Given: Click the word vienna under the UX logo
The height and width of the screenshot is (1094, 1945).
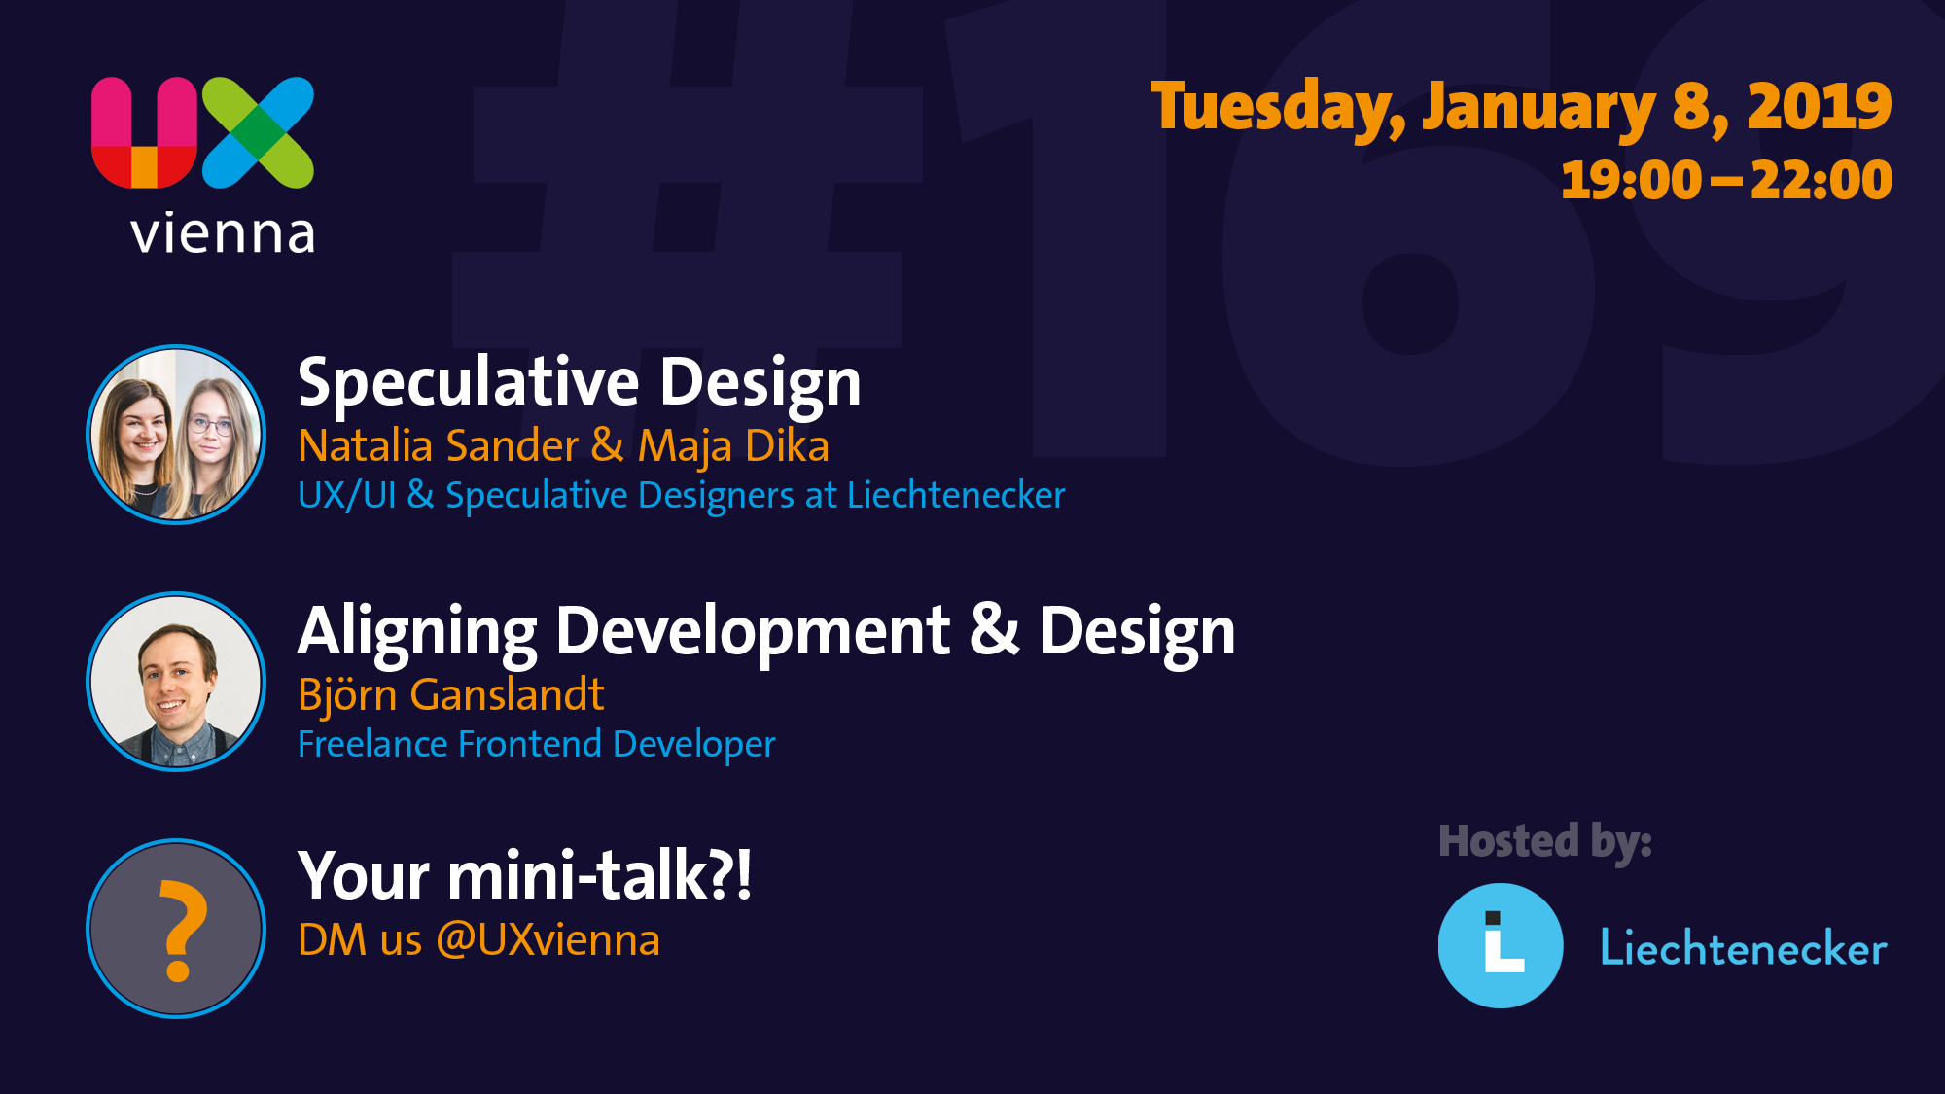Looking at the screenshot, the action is point(223,233).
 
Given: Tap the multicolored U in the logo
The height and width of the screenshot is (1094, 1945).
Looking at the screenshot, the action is point(144,132).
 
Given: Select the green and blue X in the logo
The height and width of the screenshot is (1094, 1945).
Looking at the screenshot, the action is point(259,132).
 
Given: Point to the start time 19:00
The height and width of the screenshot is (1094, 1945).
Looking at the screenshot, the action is point(1631,180).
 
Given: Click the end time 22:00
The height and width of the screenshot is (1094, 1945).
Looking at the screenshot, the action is point(1821,180).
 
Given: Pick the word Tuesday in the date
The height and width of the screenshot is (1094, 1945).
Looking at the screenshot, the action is point(1278,107).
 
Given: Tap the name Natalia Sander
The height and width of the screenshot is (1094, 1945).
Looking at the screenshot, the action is point(438,445).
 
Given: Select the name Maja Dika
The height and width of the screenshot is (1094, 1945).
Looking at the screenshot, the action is point(733,446).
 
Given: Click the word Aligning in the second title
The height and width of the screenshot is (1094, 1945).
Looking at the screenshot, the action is point(417,632).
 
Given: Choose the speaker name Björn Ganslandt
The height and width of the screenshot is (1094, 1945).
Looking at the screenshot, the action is point(451,695).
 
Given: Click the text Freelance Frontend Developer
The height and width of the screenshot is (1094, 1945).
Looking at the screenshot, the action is point(537,744).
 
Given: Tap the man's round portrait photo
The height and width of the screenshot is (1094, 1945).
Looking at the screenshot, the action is point(176,682).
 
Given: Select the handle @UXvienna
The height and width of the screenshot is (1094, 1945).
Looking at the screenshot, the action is point(548,940).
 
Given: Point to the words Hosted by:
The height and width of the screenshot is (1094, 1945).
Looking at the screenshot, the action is point(1545,842).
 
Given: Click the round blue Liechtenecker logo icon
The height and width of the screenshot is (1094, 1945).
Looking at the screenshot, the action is point(1501,945).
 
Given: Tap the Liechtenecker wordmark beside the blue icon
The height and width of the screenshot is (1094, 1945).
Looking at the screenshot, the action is point(1744,947).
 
